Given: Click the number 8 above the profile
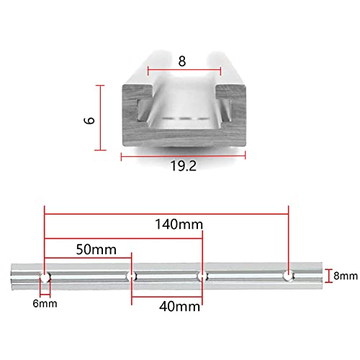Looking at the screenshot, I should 183,62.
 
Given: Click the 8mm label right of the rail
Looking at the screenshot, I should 344,275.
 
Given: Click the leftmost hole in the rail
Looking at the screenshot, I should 45,275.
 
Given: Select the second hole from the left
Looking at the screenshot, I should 132,275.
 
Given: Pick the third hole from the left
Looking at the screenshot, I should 202,275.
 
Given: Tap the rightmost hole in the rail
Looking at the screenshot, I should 288,274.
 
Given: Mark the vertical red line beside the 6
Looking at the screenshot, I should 99,119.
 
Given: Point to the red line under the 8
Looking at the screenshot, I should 184,71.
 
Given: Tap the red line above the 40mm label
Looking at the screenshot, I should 167,295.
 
